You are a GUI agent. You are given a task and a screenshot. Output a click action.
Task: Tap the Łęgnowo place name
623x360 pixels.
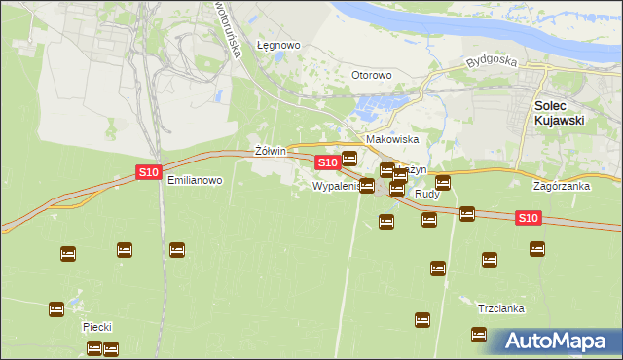277,46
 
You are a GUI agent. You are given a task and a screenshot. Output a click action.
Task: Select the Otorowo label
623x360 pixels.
371,75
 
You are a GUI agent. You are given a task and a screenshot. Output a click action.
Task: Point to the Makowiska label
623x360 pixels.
391,140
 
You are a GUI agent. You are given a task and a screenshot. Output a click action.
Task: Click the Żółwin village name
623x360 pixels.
269,151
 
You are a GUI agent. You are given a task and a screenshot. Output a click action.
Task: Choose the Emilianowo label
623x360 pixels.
195,181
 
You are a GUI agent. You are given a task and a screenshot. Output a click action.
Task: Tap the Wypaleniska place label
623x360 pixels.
337,185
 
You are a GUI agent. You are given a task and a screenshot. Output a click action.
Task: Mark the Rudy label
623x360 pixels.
427,195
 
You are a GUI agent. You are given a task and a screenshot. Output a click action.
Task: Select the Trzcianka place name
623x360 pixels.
501,308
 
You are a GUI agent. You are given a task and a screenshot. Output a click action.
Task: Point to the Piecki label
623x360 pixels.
99,328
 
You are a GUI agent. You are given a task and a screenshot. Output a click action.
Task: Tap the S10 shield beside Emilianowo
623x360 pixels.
148,172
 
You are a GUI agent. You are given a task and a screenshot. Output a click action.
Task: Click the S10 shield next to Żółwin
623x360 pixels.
327,162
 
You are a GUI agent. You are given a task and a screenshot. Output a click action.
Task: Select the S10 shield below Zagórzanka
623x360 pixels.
528,218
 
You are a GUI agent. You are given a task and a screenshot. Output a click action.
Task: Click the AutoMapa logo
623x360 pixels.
555,341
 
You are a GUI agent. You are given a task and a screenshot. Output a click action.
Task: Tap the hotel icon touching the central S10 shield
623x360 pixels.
349,159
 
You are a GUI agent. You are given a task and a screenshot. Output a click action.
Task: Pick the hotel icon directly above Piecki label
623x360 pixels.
56,308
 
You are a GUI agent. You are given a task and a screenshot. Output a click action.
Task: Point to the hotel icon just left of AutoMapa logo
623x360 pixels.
479,335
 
